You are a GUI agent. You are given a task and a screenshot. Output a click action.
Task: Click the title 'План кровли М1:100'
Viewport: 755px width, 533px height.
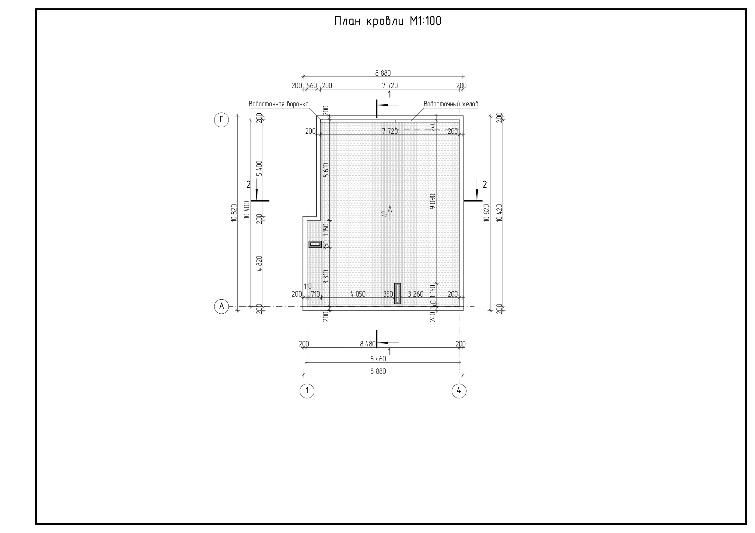coord(388,21)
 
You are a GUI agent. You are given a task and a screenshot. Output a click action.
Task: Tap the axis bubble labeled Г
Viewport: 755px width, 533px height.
coord(221,120)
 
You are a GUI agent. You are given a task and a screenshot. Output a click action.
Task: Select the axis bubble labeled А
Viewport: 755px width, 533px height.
coord(221,306)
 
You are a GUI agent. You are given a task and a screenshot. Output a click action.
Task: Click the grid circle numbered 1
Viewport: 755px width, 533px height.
coord(307,391)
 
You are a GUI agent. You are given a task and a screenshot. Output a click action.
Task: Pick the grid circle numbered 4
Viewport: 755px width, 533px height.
coord(459,391)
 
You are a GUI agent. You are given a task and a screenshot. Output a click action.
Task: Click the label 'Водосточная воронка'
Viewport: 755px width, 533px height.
coord(278,104)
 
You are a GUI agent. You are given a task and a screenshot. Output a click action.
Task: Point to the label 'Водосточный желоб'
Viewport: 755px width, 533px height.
coord(451,104)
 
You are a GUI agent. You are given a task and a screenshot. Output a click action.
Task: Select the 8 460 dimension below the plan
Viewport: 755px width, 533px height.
coord(378,359)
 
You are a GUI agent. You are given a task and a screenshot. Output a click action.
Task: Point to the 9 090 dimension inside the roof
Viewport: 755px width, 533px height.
coord(432,201)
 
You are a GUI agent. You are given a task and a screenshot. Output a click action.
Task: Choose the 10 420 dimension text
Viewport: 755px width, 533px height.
coord(499,213)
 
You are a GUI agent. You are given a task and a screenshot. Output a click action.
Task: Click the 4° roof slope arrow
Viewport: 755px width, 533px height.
coord(390,212)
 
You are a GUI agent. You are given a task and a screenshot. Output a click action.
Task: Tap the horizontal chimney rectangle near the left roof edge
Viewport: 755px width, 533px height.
coord(315,244)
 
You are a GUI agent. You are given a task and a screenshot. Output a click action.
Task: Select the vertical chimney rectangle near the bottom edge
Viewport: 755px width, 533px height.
coord(397,293)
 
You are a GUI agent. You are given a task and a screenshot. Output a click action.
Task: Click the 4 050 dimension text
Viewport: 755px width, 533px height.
coord(358,294)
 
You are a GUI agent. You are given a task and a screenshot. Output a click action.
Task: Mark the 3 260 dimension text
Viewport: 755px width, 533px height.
coord(415,294)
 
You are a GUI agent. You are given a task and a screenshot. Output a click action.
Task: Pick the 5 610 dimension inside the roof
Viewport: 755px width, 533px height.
coord(326,170)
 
